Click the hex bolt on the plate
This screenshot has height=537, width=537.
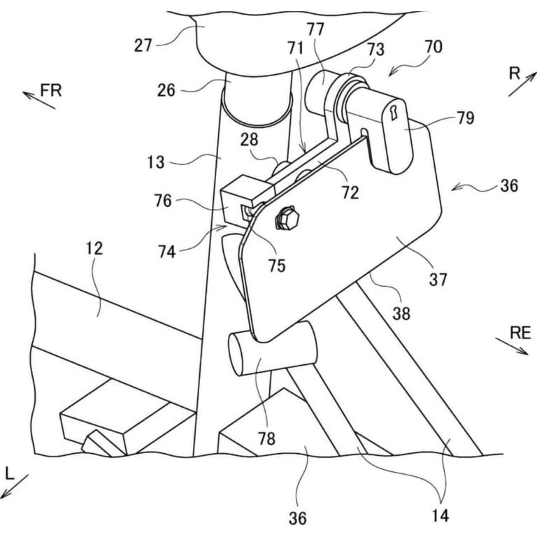[x=287, y=217]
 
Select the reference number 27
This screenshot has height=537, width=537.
[x=143, y=45]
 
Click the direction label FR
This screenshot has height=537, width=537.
[x=51, y=90]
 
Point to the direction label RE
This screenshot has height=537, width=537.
[x=520, y=333]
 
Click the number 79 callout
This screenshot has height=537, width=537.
[x=465, y=118]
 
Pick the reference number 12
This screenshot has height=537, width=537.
[x=94, y=248]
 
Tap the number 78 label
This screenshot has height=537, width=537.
[x=266, y=438]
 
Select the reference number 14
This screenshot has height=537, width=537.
[x=440, y=515]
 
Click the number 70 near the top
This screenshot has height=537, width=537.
[x=434, y=47]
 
